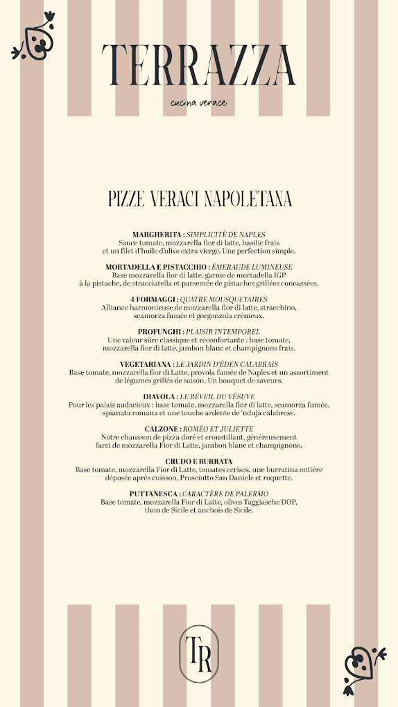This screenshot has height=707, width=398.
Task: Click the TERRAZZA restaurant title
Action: [x=199, y=65]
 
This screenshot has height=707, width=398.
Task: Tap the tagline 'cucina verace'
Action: [x=199, y=104]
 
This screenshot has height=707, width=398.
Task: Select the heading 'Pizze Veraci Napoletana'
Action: [x=199, y=200]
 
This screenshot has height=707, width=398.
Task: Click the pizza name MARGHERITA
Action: [x=157, y=235]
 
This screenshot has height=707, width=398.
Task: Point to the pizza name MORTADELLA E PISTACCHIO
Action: [x=156, y=267]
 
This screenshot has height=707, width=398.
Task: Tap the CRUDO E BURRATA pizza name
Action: [x=199, y=461]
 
